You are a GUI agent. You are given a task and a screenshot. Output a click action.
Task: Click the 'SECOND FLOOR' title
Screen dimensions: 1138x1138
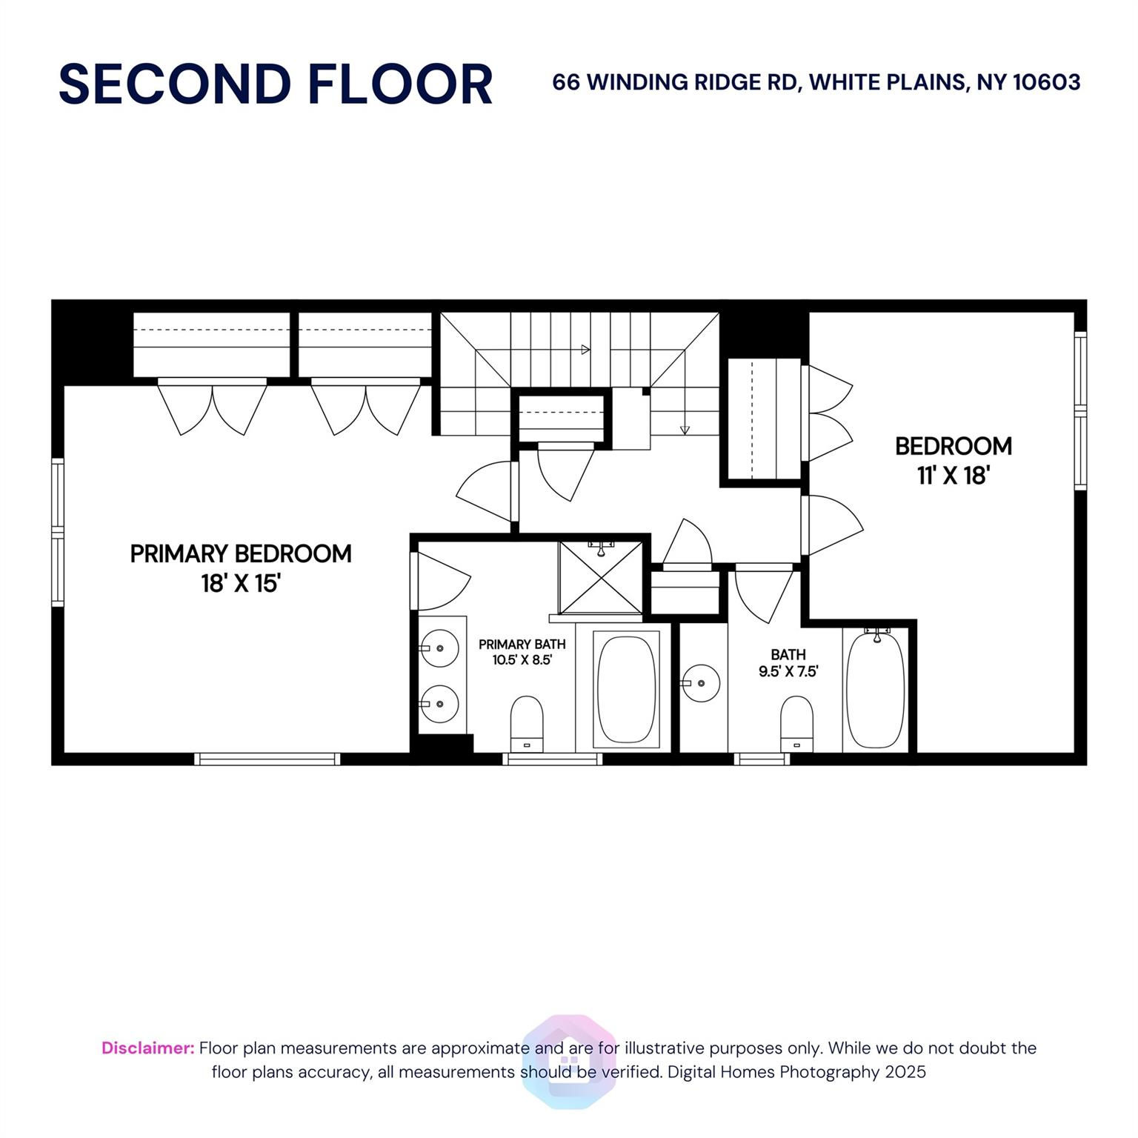tap(276, 84)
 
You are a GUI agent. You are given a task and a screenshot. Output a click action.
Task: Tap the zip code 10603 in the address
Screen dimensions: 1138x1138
tap(1046, 82)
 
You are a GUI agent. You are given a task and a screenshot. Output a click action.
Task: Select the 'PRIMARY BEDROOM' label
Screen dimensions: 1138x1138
tap(241, 554)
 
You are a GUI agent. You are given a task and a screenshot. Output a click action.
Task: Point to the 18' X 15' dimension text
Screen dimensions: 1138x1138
tap(241, 584)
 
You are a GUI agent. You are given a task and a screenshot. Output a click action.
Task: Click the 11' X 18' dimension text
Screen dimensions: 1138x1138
tap(954, 476)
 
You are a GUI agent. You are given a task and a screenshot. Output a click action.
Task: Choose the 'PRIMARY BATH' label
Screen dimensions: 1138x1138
tap(522, 645)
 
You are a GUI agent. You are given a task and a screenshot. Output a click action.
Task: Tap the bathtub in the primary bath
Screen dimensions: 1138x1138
tap(626, 690)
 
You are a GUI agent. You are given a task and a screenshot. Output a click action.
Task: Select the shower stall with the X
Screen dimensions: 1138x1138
tap(601, 578)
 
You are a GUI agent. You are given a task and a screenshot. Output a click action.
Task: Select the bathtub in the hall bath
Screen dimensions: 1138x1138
tap(876, 689)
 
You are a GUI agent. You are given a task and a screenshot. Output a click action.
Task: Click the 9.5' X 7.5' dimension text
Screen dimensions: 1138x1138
tap(788, 672)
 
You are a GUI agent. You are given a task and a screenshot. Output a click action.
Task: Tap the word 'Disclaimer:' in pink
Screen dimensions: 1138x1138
tap(148, 1048)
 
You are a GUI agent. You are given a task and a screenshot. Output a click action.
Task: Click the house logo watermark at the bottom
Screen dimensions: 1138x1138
tap(569, 1062)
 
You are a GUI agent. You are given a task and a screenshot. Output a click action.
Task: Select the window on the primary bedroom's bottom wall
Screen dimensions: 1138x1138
tap(267, 759)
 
